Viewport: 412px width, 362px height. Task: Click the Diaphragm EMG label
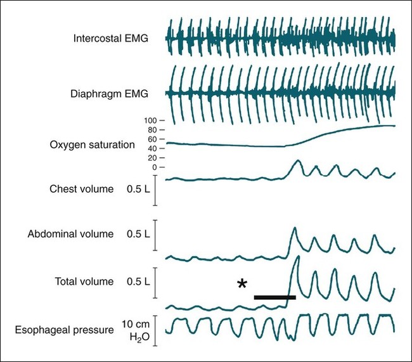tap(110, 94)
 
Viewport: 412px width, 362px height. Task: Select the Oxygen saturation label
tap(92, 145)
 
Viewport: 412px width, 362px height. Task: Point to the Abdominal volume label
tap(71, 234)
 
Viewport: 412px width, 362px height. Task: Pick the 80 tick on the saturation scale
tap(151, 129)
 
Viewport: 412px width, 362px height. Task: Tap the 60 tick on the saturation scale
tap(151, 139)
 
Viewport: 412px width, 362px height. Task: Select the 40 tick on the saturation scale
tap(151, 148)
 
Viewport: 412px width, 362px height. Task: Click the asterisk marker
tap(242, 284)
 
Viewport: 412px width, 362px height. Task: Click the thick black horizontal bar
tap(274, 297)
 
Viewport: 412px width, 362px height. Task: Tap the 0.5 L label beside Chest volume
tap(138, 189)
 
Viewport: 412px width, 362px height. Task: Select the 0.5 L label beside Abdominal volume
tap(138, 234)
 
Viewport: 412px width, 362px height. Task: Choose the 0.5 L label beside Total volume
tap(138, 281)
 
